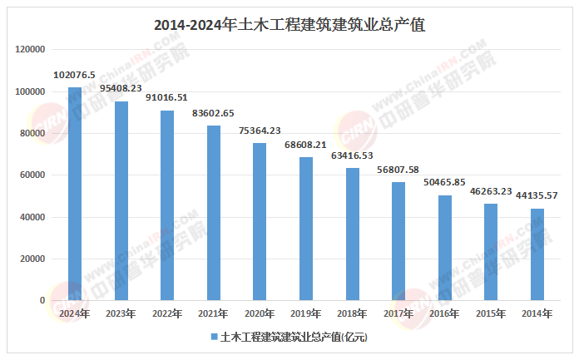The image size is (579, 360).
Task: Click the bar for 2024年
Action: tap(75, 194)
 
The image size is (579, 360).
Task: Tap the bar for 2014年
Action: tap(537, 254)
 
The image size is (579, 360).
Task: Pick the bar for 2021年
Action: tap(214, 213)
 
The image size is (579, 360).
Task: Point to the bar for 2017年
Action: tap(398, 241)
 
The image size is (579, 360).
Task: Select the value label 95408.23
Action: tap(121, 88)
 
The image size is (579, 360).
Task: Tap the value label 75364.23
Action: tap(260, 131)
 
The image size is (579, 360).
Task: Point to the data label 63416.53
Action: tap(352, 155)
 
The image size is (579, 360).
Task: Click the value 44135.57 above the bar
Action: tap(537, 195)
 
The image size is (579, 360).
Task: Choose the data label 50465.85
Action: tap(445, 183)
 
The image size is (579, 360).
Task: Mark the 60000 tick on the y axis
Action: tap(33, 175)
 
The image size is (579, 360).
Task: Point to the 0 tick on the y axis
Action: tap(42, 301)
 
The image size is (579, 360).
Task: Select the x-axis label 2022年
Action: tap(167, 314)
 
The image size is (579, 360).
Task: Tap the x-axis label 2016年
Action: tap(445, 314)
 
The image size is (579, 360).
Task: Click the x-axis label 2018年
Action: tap(352, 314)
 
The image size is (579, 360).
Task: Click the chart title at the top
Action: tap(289, 25)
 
